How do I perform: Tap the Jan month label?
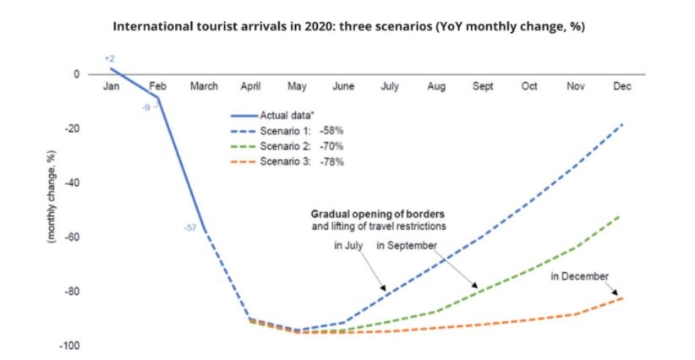tap(111, 86)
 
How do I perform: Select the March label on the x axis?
tap(204, 86)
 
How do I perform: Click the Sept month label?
tap(483, 86)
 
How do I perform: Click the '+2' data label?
tap(109, 58)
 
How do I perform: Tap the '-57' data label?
tap(189, 227)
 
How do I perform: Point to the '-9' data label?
tap(145, 107)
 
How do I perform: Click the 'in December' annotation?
tap(578, 276)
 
